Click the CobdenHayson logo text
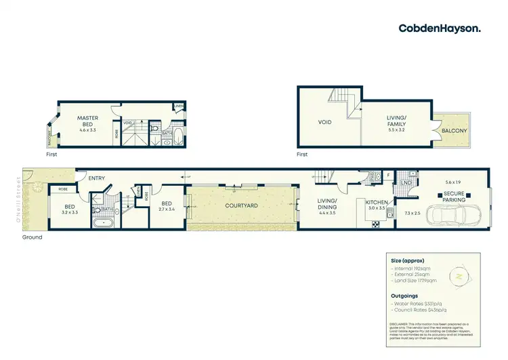pos(440,28)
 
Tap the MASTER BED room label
pos(87,121)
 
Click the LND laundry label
pos(407,183)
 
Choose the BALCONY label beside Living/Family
pos(454,131)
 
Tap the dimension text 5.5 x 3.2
pos(393,129)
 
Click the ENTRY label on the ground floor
pos(97,178)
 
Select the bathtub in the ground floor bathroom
pos(105,222)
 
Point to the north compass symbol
pos(459,276)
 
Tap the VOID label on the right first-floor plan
pos(324,123)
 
